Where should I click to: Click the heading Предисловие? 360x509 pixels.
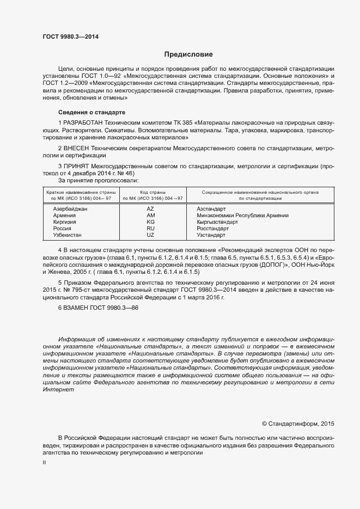pos(188,54)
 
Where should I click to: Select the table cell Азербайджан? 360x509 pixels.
pos(70,208)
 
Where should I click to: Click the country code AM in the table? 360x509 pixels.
pos(151,216)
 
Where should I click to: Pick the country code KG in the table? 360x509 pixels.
pos(151,222)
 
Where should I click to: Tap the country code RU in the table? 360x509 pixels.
pos(151,229)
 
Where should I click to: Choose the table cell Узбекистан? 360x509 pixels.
pos(67,235)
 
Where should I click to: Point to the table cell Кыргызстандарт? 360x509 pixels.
pos(217,222)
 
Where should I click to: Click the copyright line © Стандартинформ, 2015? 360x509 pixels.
pos(298,423)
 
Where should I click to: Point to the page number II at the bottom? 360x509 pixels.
pos(44,462)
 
